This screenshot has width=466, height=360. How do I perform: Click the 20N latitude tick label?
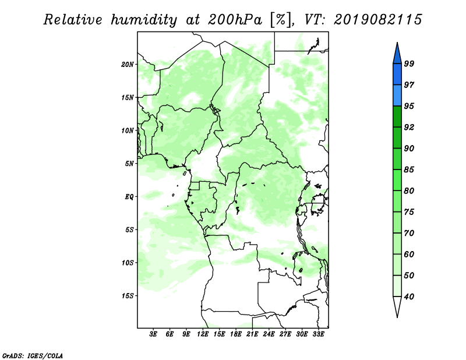point(128,65)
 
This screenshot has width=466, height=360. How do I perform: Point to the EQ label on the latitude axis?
point(129,197)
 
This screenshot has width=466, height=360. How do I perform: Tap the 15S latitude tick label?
point(128,296)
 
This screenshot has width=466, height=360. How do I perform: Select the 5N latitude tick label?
point(129,164)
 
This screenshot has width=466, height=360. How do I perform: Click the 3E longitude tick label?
point(153,334)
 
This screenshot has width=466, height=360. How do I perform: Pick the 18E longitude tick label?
point(236,334)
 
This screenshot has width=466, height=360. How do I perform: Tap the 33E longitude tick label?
point(318,334)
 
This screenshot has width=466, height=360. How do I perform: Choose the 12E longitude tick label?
point(203,334)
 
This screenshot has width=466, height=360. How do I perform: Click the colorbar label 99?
point(409,63)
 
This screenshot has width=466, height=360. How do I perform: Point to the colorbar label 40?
point(409,297)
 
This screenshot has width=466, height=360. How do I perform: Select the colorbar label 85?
point(409,170)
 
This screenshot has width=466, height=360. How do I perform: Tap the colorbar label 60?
point(409,255)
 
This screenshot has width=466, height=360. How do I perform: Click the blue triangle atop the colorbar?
point(397,55)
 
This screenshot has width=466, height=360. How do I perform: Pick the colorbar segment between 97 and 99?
point(397,75)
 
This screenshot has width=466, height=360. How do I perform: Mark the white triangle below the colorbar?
point(397,306)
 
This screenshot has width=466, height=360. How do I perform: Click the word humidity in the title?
point(144,20)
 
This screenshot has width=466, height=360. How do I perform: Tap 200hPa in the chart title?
point(235,20)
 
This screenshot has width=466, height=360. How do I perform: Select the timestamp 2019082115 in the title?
point(377,20)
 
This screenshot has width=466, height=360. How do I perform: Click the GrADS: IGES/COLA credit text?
point(33,356)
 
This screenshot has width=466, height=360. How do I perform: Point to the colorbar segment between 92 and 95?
point(397,117)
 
